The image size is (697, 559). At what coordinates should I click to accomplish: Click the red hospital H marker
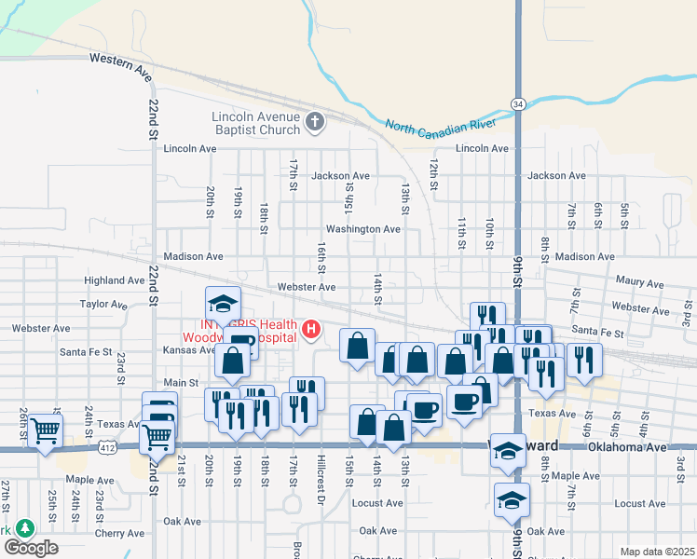(311, 329)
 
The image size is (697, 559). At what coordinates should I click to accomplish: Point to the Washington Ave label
(362, 229)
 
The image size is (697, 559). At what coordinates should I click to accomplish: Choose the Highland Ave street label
(114, 280)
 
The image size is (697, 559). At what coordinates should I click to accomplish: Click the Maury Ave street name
(639, 283)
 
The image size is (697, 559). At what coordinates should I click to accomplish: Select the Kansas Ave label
(189, 350)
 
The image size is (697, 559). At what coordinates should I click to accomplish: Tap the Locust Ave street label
(377, 503)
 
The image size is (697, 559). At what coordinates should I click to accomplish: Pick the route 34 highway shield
(517, 102)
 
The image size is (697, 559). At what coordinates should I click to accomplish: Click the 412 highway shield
(111, 448)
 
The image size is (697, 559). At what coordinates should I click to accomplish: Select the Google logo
(31, 547)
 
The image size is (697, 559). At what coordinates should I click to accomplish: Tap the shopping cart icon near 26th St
(45, 430)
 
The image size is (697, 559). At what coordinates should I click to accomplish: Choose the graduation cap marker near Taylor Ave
(223, 303)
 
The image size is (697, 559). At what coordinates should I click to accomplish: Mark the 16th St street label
(321, 258)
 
